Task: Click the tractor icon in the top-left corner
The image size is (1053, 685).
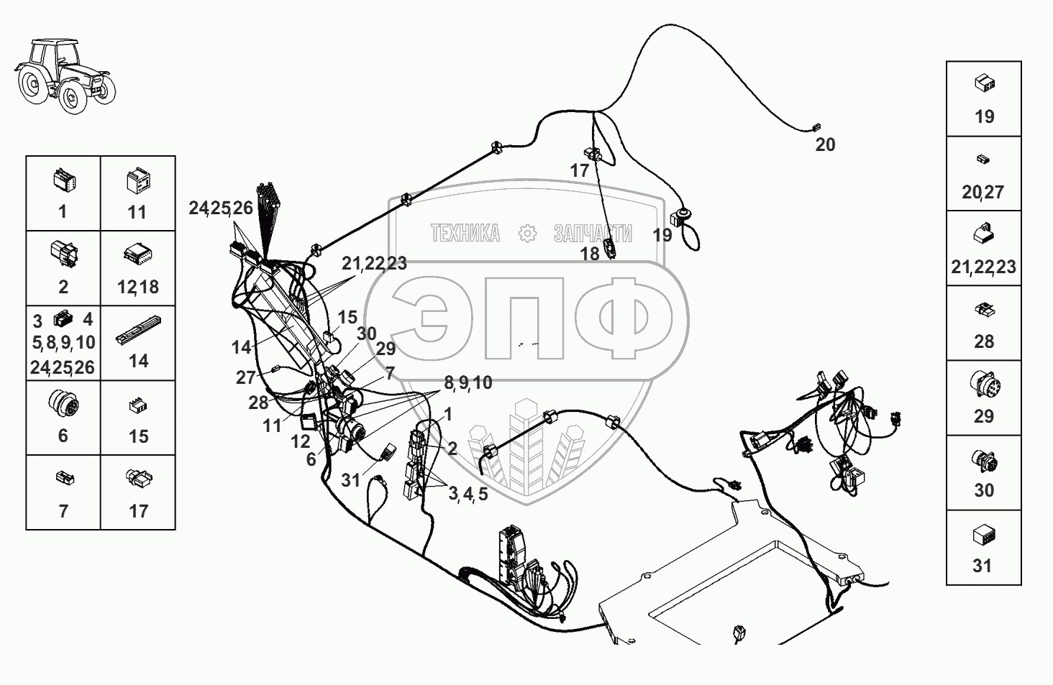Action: click(65, 76)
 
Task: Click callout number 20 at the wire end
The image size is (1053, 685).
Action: click(825, 144)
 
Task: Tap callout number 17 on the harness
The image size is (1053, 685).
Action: click(579, 171)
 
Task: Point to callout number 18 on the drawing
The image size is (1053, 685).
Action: click(590, 254)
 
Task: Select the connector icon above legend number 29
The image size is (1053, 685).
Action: click(985, 385)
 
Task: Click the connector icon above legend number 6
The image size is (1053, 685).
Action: click(63, 404)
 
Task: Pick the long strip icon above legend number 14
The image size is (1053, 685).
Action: click(138, 331)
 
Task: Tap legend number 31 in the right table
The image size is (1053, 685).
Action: click(982, 566)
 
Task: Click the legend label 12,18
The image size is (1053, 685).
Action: click(137, 287)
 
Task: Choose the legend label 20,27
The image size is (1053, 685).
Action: click(983, 192)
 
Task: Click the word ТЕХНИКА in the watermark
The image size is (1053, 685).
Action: click(465, 234)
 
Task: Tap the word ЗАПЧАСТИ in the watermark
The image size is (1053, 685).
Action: click(593, 234)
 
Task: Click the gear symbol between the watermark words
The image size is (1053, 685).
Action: click(527, 234)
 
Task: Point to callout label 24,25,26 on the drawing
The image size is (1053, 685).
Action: click(221, 208)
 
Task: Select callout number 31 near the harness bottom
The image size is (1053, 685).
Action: click(350, 480)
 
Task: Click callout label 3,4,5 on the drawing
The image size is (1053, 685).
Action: click(468, 494)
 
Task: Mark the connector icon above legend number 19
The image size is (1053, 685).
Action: click(985, 83)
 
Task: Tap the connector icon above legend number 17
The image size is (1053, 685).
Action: click(139, 477)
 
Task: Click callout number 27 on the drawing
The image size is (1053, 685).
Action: click(245, 377)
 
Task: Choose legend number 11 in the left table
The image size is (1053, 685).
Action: click(137, 212)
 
